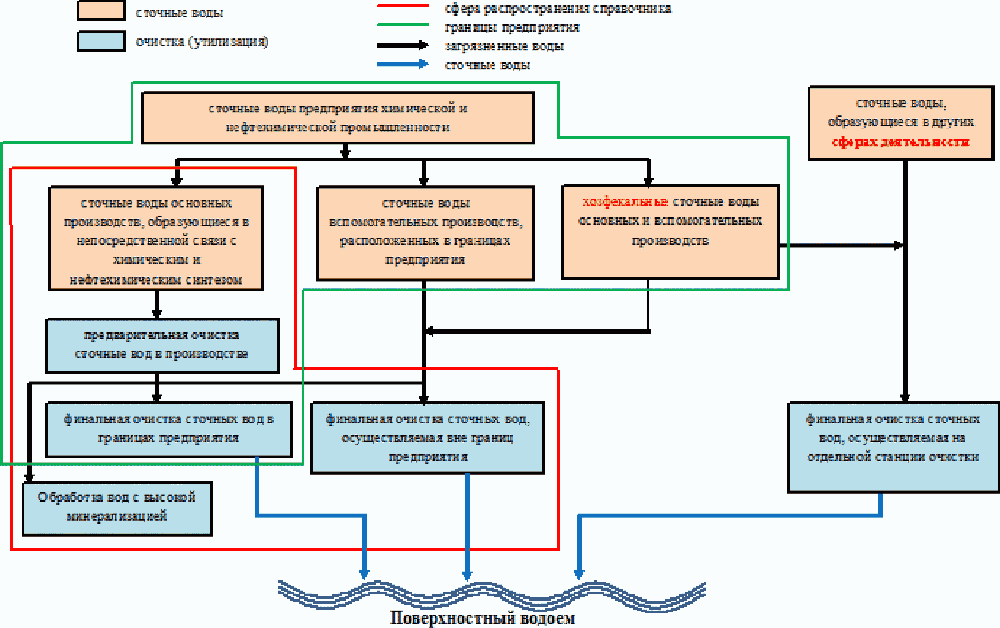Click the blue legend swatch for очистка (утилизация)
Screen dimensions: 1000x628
pos(101,41)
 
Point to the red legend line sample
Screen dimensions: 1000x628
pos(403,5)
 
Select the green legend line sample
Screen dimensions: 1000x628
pos(403,24)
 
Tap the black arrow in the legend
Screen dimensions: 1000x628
pos(403,45)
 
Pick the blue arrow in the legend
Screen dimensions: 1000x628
pos(403,64)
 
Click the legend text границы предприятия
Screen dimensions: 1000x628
pos(512,27)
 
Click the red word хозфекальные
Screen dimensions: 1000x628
pos(625,202)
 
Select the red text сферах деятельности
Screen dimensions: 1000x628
pos(900,142)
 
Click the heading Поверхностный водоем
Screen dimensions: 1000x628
pos(483,618)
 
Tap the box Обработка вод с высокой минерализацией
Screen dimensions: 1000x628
pos(117,509)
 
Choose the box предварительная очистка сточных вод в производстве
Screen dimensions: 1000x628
pos(162,346)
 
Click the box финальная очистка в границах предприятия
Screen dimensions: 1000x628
pos(169,429)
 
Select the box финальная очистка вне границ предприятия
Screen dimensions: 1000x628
pos(427,438)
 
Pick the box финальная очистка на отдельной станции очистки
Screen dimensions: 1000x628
pos(894,447)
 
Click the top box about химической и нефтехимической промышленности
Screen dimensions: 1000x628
pos(337,118)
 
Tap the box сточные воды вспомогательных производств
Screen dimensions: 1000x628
pos(425,233)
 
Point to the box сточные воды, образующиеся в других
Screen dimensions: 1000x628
pos(901,123)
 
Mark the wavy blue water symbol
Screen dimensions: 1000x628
pos(492,596)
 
